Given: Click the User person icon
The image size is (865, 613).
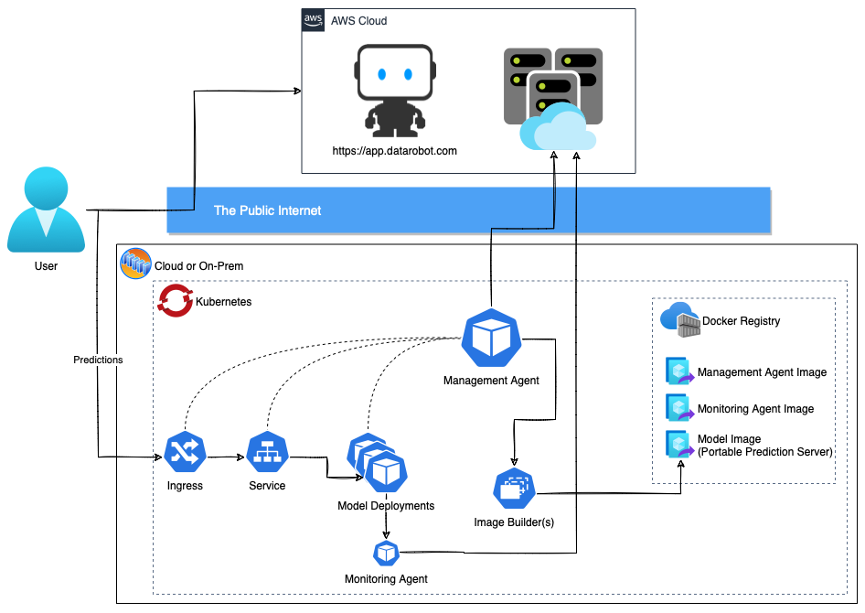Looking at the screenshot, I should [x=46, y=210].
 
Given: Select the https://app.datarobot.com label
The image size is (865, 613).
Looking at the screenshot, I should [x=394, y=151].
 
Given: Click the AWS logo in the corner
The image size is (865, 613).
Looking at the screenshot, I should [x=313, y=20].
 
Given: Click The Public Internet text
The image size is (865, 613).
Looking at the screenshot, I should [x=268, y=210].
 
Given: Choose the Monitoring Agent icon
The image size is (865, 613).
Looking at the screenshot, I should [x=386, y=553].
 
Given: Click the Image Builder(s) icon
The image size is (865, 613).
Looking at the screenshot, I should [x=514, y=489].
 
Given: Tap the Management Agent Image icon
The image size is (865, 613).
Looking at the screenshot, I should [x=680, y=371].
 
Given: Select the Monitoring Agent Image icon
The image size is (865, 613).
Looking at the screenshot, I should [x=680, y=408].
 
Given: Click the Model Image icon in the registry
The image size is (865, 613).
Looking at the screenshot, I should [x=680, y=445].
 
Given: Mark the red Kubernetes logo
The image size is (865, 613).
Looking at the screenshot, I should [x=176, y=301].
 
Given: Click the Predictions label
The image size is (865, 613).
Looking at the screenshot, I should [x=98, y=360].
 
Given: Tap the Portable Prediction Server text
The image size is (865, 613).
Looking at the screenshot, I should [x=764, y=452].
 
